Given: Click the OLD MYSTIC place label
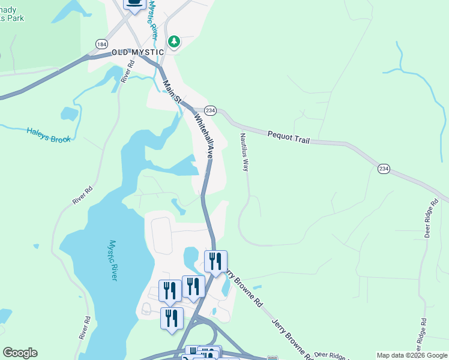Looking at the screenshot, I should tap(137, 53).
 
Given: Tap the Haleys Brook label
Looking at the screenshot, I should tap(49, 135).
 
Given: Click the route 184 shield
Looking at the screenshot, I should tap(100, 44).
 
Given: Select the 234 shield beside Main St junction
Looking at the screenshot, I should tap(210, 110).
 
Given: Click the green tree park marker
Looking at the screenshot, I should tap(174, 41).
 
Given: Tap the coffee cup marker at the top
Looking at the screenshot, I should tap(134, 3).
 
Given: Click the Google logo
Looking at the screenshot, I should tap(20, 353).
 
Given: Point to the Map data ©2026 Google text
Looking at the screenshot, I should tap(412, 355).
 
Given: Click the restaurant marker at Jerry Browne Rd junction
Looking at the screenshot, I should tap(215, 261).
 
